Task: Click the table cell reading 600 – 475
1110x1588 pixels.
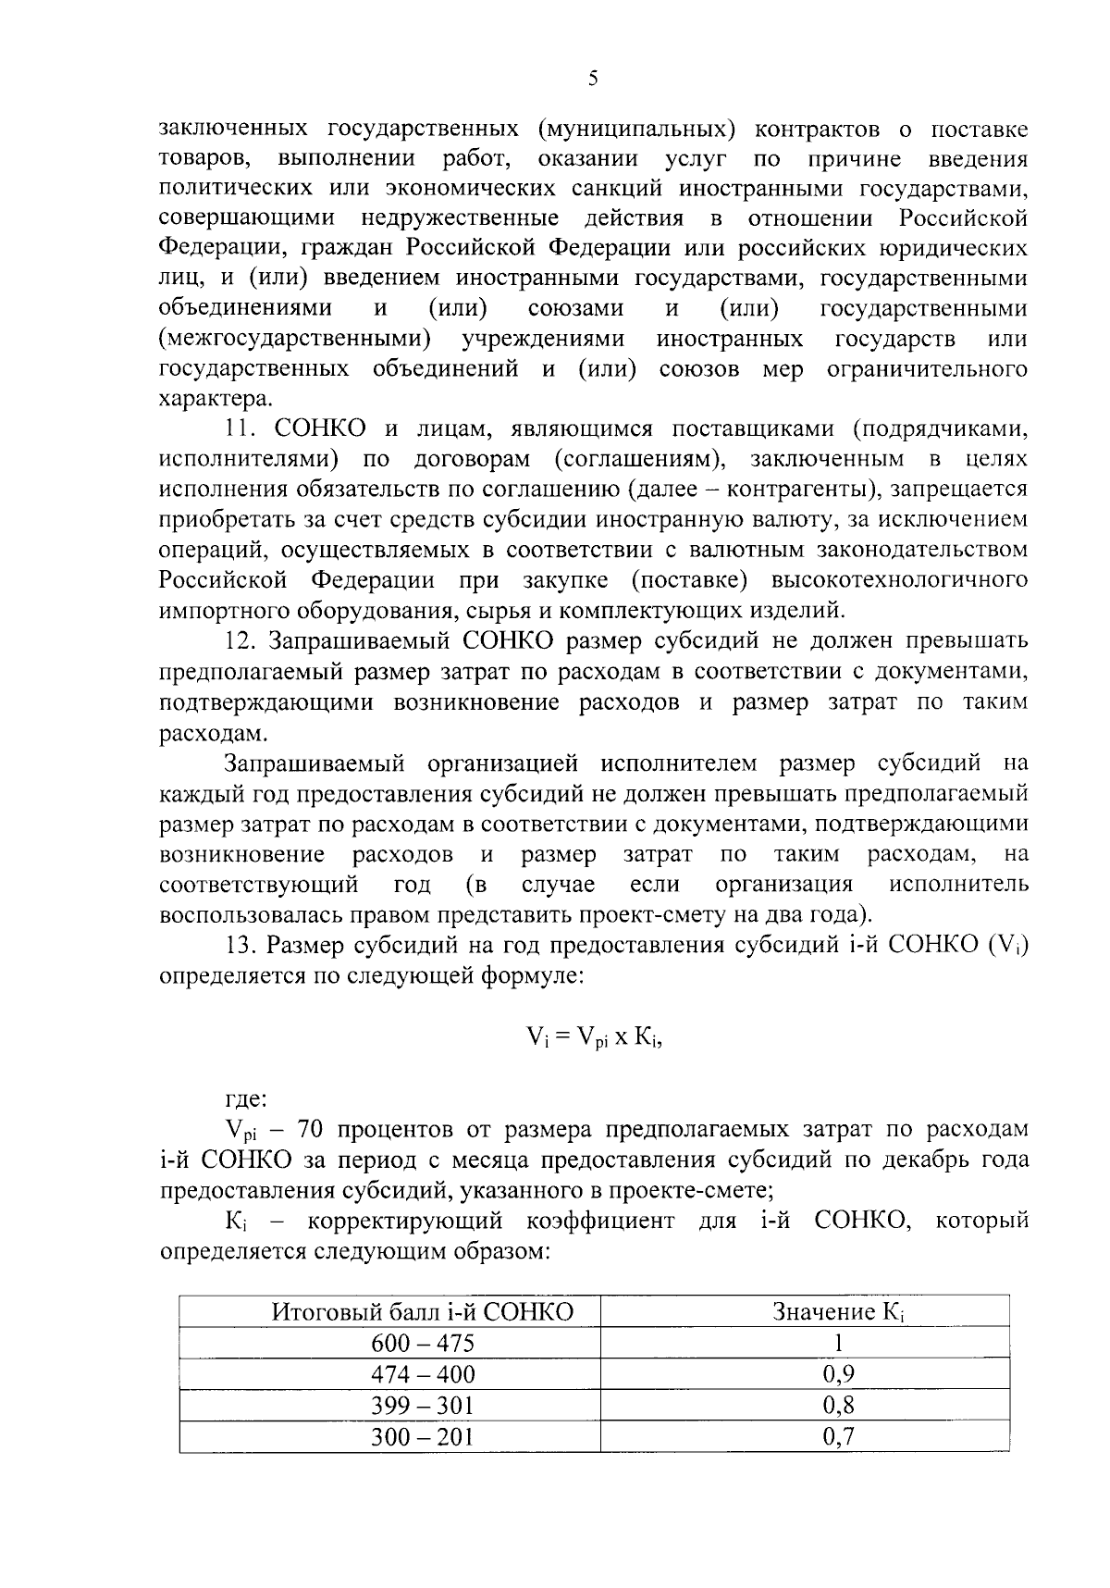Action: point(422,1343)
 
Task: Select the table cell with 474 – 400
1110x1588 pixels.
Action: point(422,1373)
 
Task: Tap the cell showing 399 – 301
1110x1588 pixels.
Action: point(422,1405)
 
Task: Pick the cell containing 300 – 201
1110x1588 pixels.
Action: point(422,1436)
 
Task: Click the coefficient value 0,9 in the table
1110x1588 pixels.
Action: point(838,1373)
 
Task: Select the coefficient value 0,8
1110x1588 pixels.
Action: point(838,1405)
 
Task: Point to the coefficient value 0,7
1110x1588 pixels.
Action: point(838,1436)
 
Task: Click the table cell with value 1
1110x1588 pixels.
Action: point(838,1343)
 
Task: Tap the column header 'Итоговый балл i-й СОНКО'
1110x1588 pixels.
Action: point(422,1311)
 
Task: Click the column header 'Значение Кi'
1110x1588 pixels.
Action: point(838,1311)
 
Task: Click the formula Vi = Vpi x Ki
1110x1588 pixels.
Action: point(595,1037)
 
